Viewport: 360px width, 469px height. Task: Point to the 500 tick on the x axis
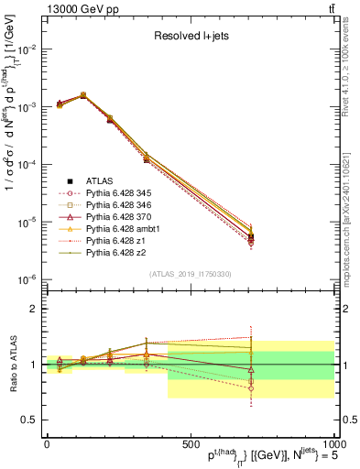tap(190, 442)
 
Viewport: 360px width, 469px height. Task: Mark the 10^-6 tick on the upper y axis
tap(26, 279)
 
